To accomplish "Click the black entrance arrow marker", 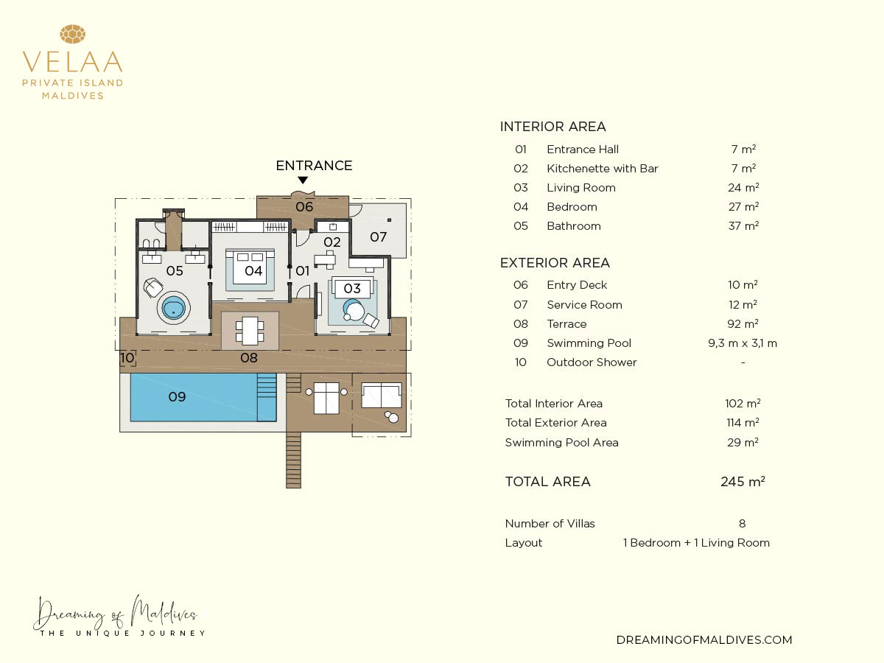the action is point(303,180).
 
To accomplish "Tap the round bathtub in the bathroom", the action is point(174,309).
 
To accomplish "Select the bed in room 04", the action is point(250,267).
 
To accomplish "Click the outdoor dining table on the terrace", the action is point(250,331).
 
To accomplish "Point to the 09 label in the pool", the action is point(178,397).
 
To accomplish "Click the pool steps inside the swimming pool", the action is point(267,397).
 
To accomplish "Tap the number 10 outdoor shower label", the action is point(127,357).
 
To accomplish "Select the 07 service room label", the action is point(378,236).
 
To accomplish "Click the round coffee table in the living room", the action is point(354,310).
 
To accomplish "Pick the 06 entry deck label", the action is point(304,207).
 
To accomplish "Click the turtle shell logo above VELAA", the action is point(72,34).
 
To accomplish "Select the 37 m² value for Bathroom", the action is point(743,226).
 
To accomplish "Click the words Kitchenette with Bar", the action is point(602,168).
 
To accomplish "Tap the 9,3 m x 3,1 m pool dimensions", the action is point(743,343).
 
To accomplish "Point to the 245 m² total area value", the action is point(743,482).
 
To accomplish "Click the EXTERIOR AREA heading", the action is point(555,263).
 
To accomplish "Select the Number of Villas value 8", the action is point(743,523).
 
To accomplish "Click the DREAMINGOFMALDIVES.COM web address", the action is point(704,639).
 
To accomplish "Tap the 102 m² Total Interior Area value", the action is point(743,404).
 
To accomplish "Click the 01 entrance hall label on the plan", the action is point(303,271).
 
